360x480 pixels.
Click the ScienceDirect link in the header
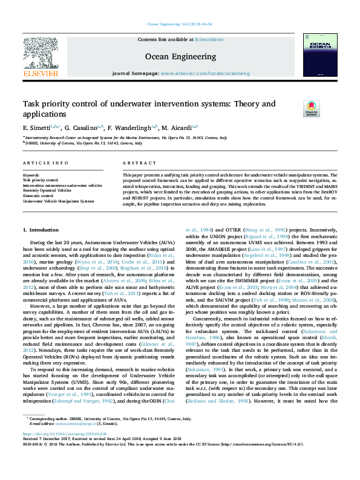209,39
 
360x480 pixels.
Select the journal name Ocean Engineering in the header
180,55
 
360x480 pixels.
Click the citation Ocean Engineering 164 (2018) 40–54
180,24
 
